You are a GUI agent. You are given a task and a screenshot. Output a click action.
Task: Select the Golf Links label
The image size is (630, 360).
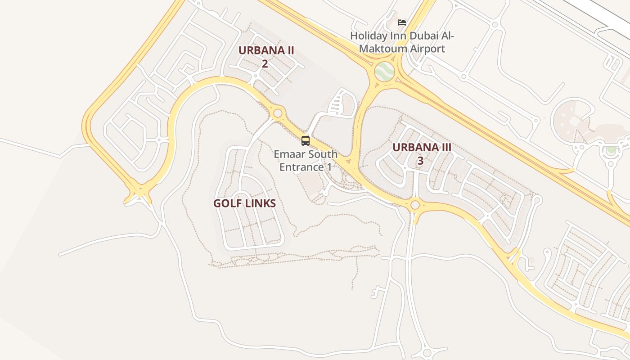(244, 203)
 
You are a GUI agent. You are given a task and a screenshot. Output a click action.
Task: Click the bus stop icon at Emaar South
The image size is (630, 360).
(306, 141)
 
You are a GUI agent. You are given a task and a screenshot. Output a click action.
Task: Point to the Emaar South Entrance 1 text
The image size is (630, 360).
(306, 161)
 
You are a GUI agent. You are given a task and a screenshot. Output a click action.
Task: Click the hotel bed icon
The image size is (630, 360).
(402, 22)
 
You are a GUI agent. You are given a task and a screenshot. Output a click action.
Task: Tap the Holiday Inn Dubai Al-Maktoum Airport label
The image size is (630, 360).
(402, 42)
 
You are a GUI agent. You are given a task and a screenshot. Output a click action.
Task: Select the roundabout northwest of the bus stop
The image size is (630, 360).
(278, 113)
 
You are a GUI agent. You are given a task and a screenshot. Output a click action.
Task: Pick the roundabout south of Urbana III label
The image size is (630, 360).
(415, 205)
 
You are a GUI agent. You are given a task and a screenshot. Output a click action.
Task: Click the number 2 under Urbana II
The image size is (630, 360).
(265, 63)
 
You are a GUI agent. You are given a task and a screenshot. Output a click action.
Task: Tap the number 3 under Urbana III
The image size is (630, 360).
(420, 160)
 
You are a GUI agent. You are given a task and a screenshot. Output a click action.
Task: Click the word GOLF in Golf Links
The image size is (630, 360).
(227, 203)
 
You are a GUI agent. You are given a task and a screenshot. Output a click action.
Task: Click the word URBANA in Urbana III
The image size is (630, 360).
(409, 148)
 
